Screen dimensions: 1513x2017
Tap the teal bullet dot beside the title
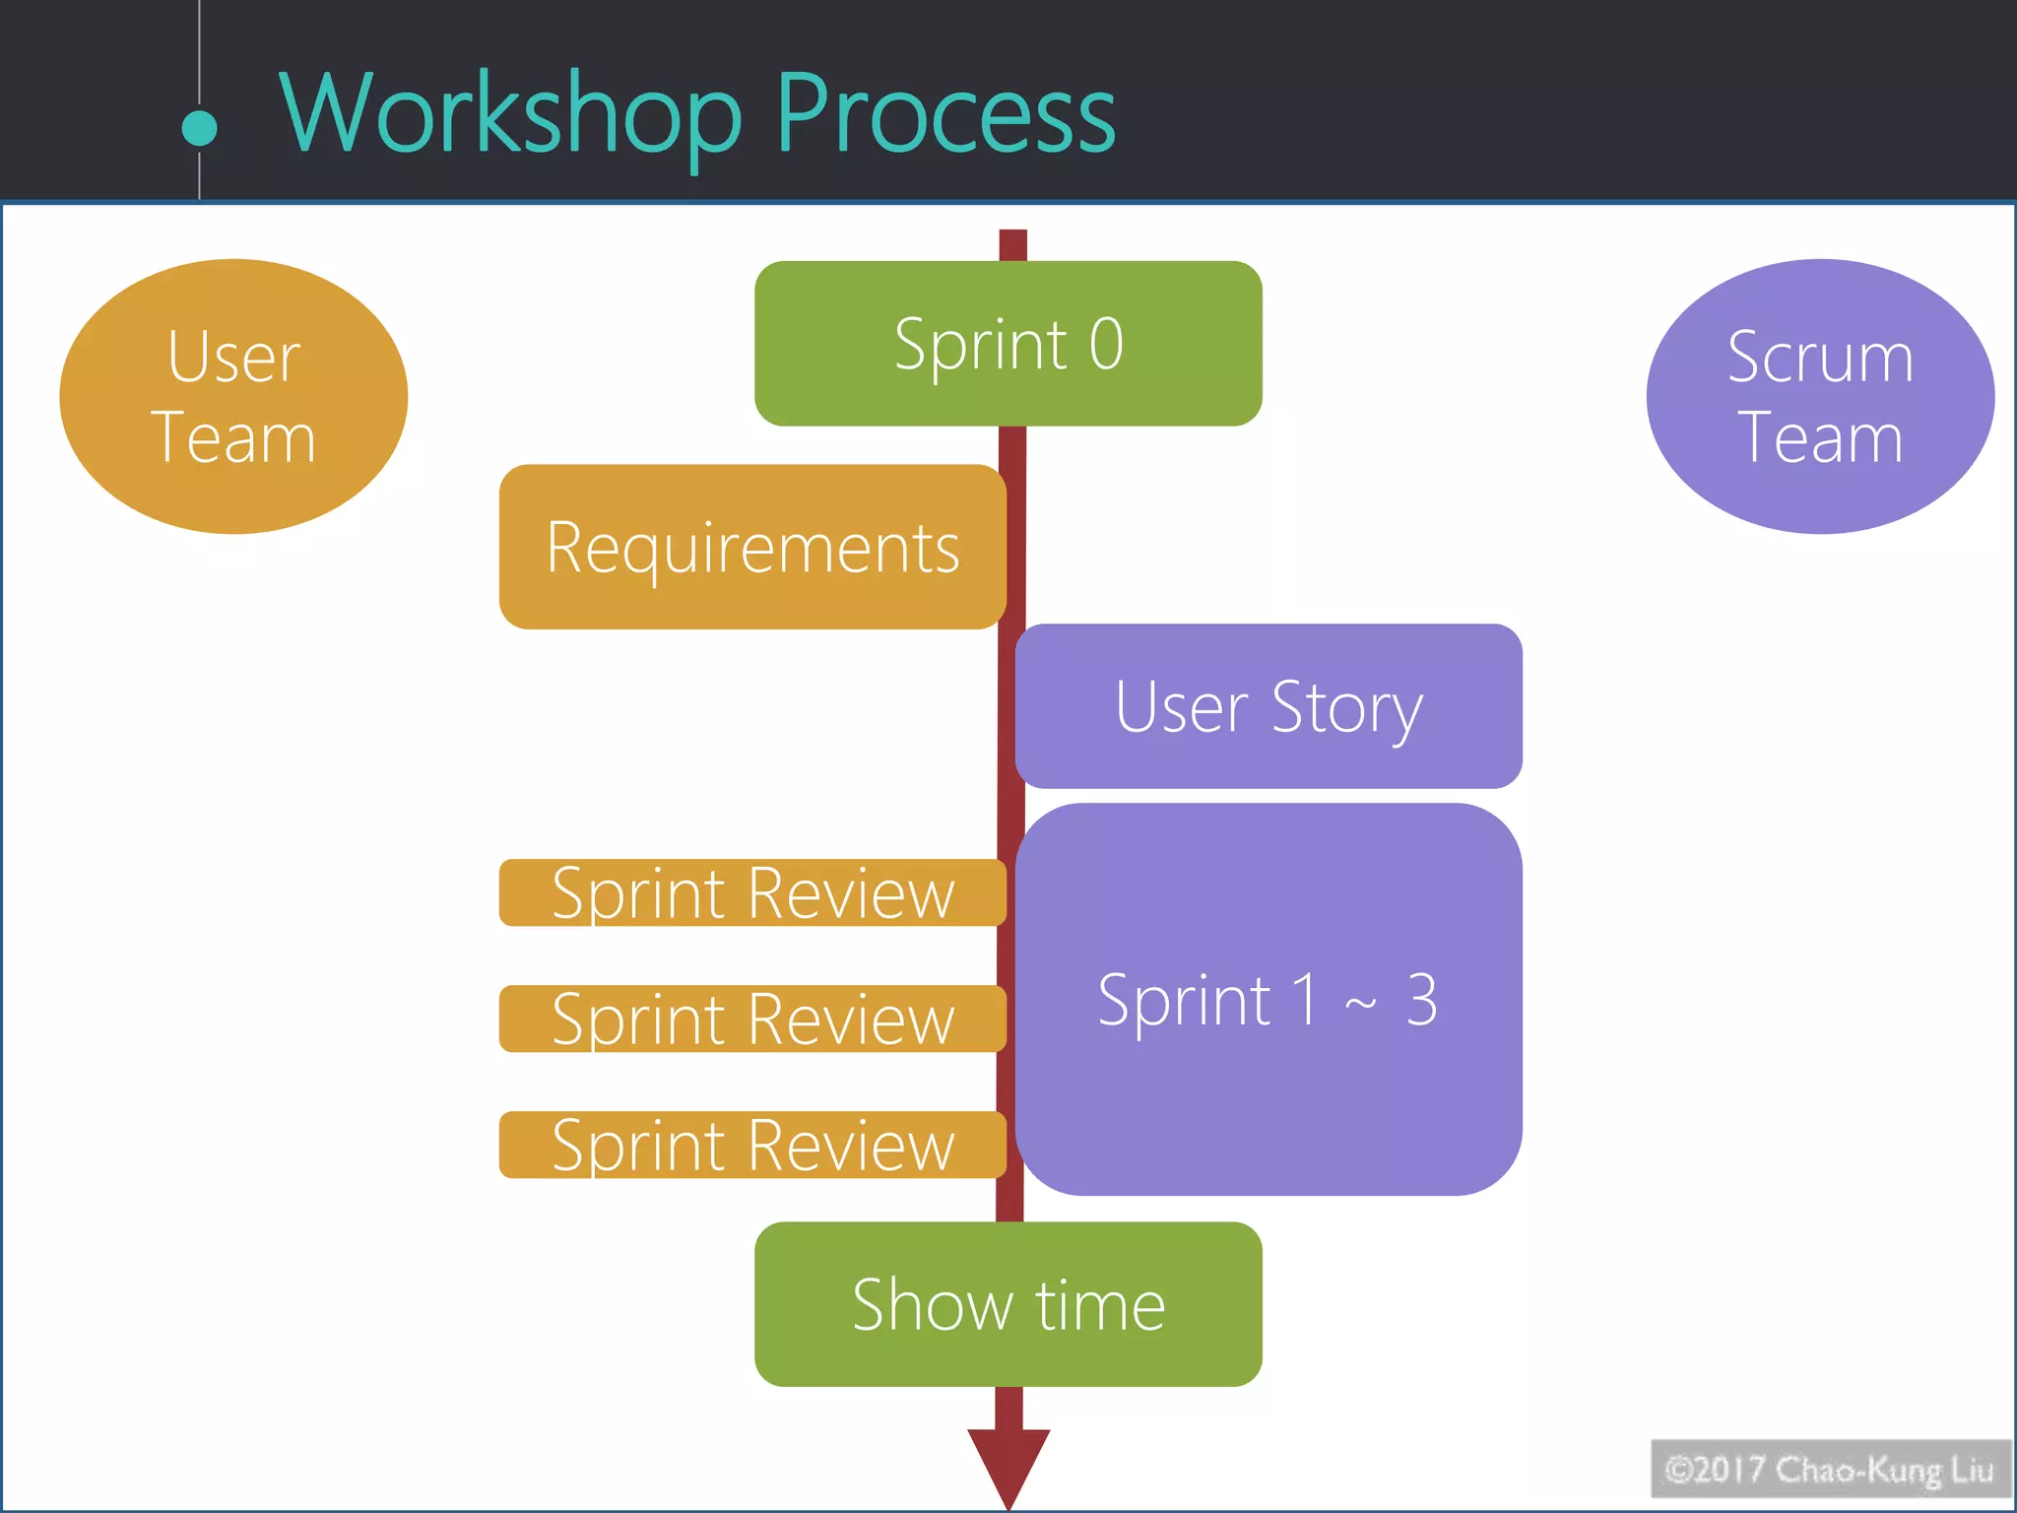(200, 129)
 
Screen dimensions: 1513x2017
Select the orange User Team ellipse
(233, 396)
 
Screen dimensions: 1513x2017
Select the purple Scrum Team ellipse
(1820, 396)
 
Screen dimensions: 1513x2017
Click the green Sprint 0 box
(1008, 344)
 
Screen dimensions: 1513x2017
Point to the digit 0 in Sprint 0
(1106, 344)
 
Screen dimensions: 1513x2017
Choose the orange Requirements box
(752, 547)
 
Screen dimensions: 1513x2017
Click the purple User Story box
(1269, 706)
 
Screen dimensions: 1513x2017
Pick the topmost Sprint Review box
(752, 892)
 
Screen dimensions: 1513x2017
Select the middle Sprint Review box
(752, 1019)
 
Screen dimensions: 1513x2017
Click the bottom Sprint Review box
(752, 1145)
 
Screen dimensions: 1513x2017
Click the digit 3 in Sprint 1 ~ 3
(1421, 1000)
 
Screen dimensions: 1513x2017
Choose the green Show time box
(1008, 1304)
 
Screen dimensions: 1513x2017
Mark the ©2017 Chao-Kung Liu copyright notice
(1829, 1470)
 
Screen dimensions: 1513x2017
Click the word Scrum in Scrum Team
(1820, 357)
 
